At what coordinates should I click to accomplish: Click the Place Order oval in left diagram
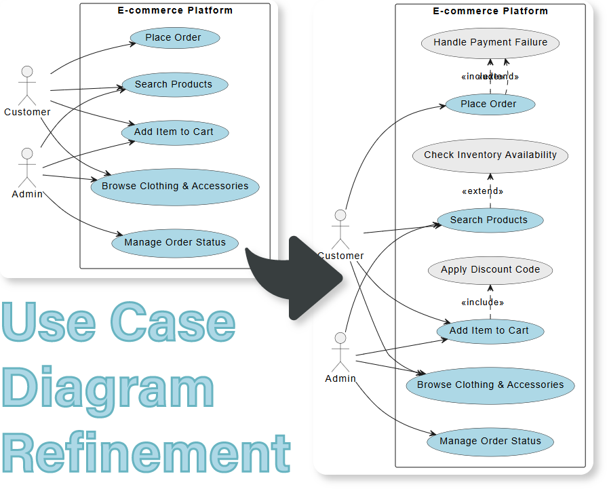click(173, 37)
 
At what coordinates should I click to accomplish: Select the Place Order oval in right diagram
click(488, 104)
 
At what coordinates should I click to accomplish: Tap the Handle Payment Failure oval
click(490, 42)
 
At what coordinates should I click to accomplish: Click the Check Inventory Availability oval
click(490, 155)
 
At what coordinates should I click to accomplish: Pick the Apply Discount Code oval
click(490, 269)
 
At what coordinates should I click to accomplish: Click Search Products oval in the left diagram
click(174, 84)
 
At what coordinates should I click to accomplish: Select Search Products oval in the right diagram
click(488, 220)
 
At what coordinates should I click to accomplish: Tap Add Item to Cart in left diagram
click(174, 132)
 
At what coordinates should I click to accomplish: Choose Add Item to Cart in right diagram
click(488, 330)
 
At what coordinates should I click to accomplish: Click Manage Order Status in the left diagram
click(174, 242)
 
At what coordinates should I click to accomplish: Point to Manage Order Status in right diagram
click(490, 441)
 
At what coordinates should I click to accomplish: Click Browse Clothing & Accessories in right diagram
click(490, 385)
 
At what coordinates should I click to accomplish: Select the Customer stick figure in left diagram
click(26, 85)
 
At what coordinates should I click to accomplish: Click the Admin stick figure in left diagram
click(26, 167)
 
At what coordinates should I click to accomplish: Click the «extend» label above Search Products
click(482, 191)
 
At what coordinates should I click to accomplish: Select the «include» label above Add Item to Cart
click(482, 302)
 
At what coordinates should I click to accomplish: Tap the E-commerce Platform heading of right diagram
click(490, 11)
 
